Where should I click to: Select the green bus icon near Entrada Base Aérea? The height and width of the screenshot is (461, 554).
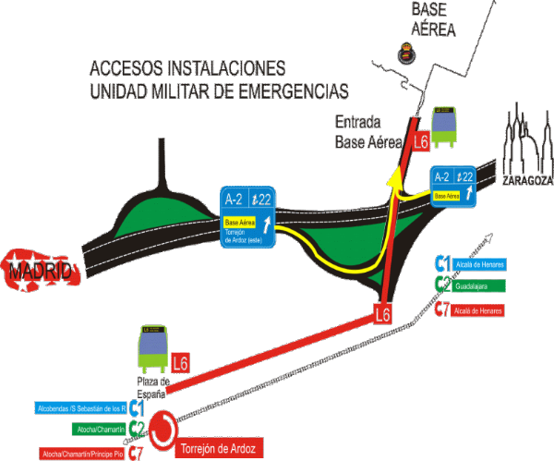click(445, 126)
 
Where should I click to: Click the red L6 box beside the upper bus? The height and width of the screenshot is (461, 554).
click(421, 141)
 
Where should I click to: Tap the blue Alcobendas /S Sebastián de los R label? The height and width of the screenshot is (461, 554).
click(80, 407)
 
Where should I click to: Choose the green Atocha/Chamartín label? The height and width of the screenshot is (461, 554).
click(98, 430)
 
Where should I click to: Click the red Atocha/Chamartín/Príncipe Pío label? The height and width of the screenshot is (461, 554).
click(81, 454)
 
